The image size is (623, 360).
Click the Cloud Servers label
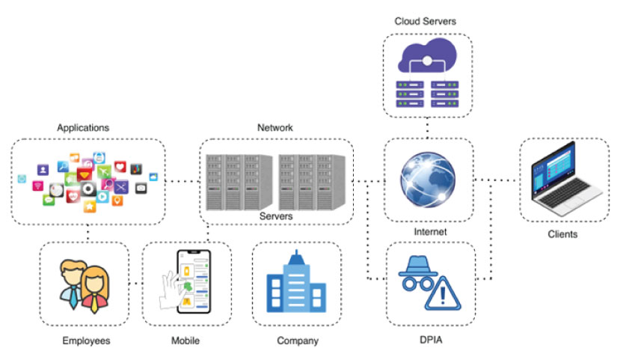click(425, 21)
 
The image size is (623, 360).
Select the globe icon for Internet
click(429, 180)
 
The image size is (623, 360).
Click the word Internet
click(430, 232)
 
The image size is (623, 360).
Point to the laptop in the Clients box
click(562, 179)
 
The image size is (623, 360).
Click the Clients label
click(562, 235)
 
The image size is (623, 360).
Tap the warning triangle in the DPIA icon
click(444, 294)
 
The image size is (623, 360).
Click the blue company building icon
click(298, 282)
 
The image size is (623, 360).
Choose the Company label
click(298, 341)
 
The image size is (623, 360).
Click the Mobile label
click(185, 341)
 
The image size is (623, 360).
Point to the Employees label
click(86, 341)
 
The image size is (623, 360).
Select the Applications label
click(83, 128)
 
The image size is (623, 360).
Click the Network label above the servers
click(275, 128)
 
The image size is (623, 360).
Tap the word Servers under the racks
click(275, 216)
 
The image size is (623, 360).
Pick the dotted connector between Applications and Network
click(182, 181)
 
